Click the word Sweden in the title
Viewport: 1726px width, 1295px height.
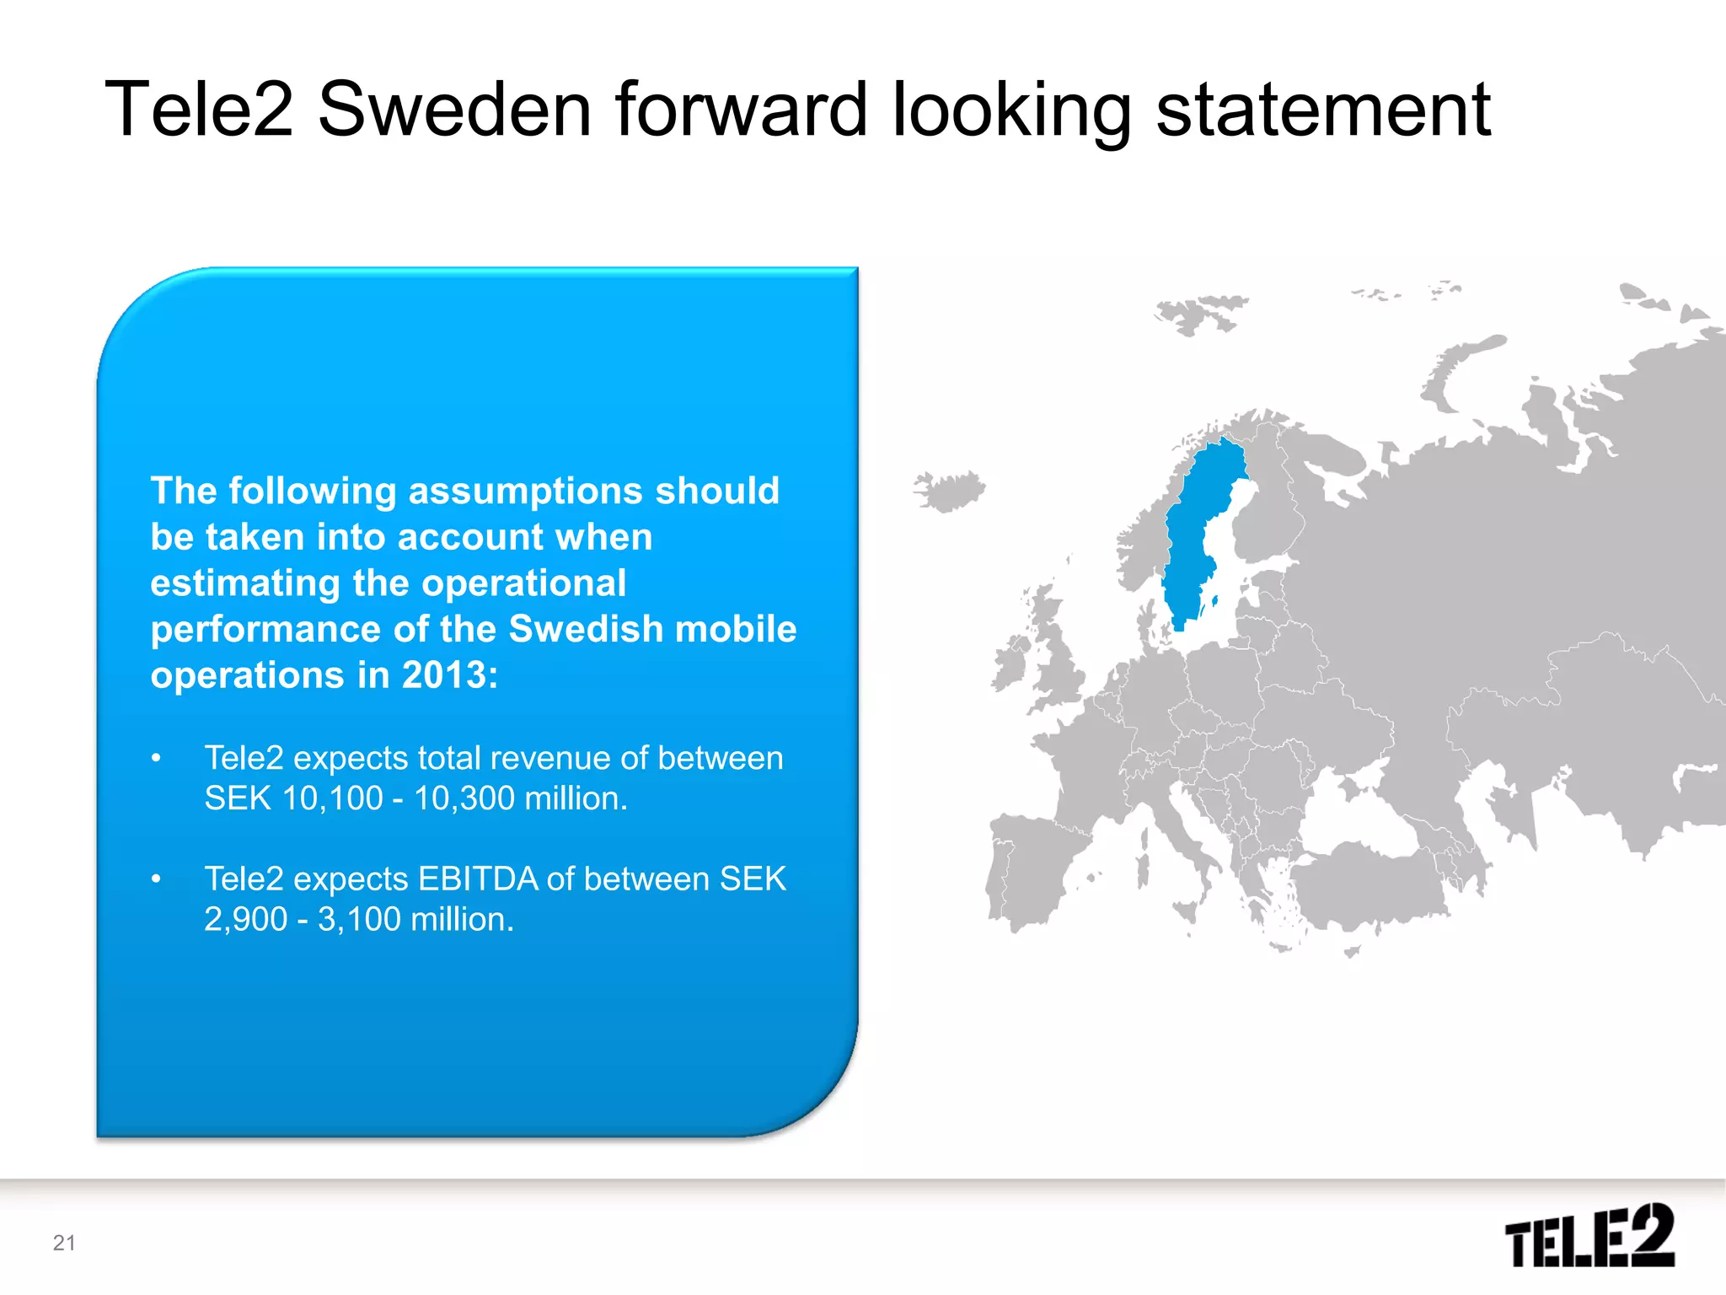tap(454, 110)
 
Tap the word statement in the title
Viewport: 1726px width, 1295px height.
tap(1322, 110)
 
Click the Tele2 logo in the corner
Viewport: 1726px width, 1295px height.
tap(1589, 1236)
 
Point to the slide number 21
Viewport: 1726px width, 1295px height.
tap(64, 1243)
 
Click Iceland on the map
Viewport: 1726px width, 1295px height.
tap(951, 491)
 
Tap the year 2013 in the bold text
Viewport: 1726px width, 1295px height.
tap(444, 675)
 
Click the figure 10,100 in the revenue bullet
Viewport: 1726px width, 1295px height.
tap(332, 798)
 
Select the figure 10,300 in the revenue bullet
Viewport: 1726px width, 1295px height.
tap(464, 798)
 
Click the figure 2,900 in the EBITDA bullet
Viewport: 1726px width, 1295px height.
tap(245, 919)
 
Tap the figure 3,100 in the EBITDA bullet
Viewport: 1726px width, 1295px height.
tap(359, 919)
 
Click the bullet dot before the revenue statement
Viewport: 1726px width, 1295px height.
tap(156, 759)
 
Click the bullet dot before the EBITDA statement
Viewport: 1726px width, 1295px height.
tap(156, 879)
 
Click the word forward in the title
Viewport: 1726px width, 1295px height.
tap(742, 110)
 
